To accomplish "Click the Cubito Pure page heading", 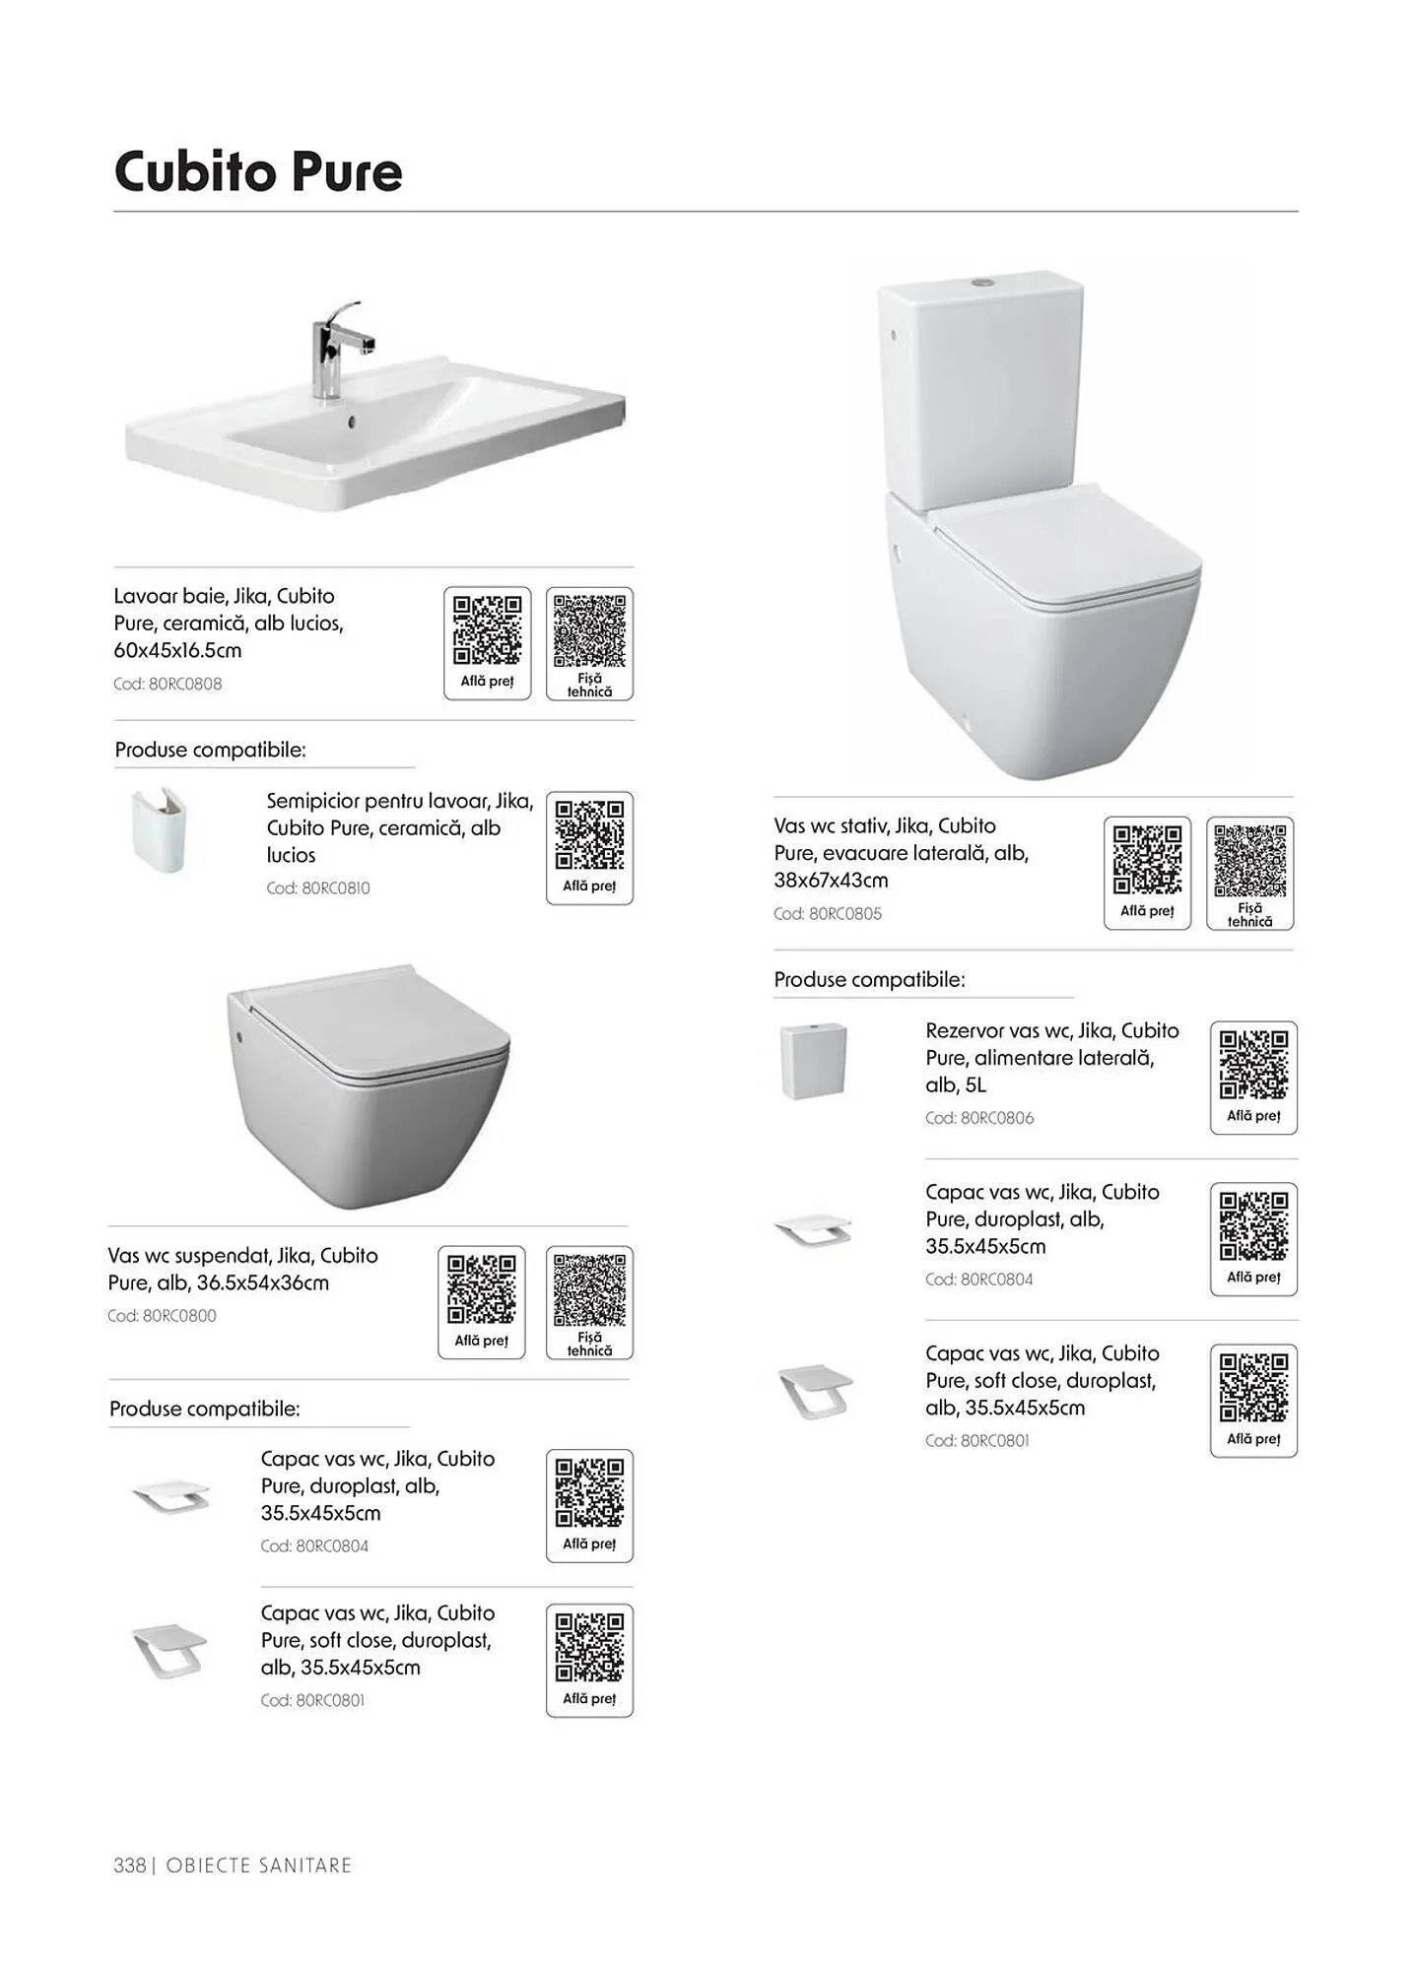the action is click(258, 172).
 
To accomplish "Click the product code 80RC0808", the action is click(185, 684).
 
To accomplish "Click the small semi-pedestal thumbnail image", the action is click(159, 831).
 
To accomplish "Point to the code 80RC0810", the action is click(336, 887).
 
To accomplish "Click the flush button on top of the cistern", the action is click(979, 282).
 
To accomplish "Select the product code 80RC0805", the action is click(845, 913).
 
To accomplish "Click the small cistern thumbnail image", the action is click(814, 1061).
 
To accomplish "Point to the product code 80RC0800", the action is click(179, 1315).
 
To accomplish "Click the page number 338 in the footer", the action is click(129, 1865).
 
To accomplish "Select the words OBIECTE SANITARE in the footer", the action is click(259, 1865).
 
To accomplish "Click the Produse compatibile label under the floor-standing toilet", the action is click(869, 979).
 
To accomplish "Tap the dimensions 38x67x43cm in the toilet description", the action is click(831, 880).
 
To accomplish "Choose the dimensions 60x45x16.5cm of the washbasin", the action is click(177, 650).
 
